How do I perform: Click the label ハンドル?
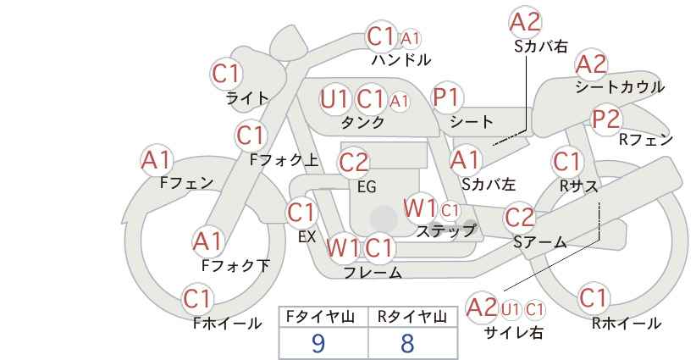coord(401,59)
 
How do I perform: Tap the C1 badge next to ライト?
coord(226,75)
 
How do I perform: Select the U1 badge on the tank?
coord(334,99)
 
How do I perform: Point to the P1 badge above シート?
coord(447,97)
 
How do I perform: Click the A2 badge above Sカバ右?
coord(526,22)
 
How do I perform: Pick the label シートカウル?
coord(620,87)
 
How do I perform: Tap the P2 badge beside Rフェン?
coord(606,119)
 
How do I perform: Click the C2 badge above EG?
coord(354,163)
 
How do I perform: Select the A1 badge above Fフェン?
coord(156,160)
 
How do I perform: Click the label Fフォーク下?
coord(235,265)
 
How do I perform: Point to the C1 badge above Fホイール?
coord(196,299)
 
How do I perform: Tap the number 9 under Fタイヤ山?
coord(318,343)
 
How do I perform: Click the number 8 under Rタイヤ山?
coord(407,343)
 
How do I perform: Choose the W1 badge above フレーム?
coord(343,247)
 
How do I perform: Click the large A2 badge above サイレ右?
coord(482,307)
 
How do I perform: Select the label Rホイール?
coord(627,324)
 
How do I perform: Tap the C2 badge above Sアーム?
coord(520,217)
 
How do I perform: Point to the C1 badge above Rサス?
coord(566,162)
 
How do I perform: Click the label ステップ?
coord(445,231)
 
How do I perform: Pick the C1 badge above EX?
coord(301,213)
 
